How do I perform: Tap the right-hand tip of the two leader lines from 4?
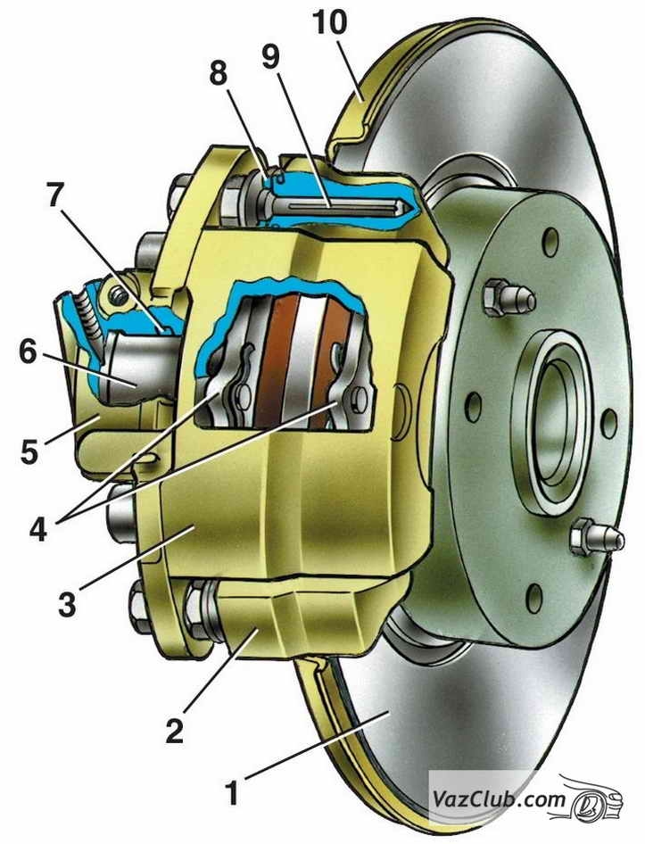[339, 401]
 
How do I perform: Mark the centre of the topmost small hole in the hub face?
[550, 242]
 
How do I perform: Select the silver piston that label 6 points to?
[143, 366]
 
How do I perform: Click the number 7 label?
[54, 195]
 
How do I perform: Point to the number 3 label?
[67, 605]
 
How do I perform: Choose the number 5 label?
[30, 451]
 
